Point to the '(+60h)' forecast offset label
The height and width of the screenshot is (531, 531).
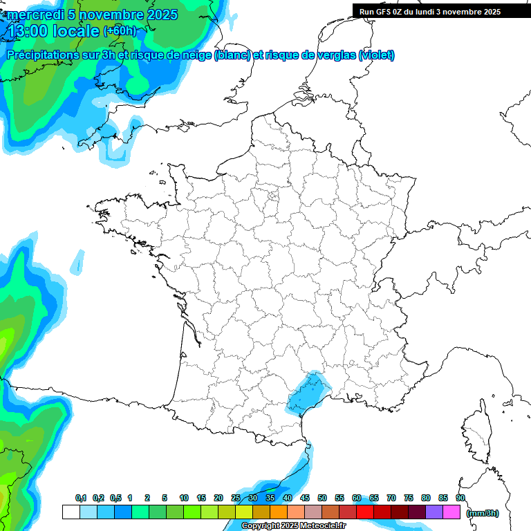pyautogui.click(x=120, y=31)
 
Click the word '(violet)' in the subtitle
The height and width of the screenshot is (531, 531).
pyautogui.click(x=376, y=55)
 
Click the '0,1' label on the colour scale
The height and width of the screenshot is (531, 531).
pyautogui.click(x=81, y=498)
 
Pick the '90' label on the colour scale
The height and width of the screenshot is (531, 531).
pyautogui.click(x=460, y=498)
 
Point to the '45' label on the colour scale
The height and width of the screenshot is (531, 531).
pyautogui.click(x=305, y=498)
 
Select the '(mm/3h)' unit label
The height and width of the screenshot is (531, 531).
pyautogui.click(x=482, y=512)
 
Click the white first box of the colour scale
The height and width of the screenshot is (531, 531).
pyautogui.click(x=71, y=512)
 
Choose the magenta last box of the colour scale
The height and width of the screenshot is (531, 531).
pyautogui.click(x=451, y=512)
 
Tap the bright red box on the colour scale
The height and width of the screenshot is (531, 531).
pyautogui.click(x=365, y=512)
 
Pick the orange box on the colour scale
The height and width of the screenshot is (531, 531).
pyautogui.click(x=278, y=512)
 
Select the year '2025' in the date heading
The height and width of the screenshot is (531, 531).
pyautogui.click(x=157, y=15)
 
